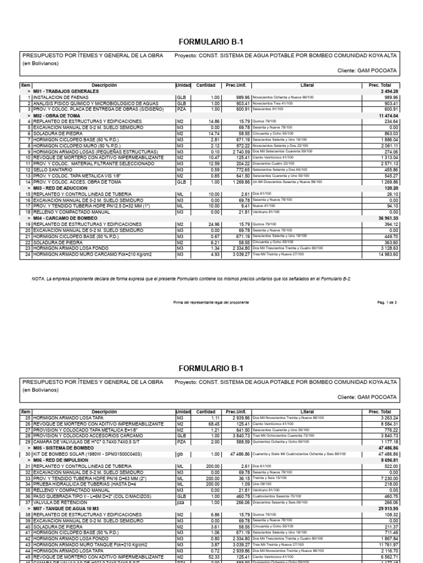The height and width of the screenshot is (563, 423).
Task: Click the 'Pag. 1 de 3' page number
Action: click(387, 302)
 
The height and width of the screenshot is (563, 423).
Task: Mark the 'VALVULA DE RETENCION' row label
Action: click(54, 501)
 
